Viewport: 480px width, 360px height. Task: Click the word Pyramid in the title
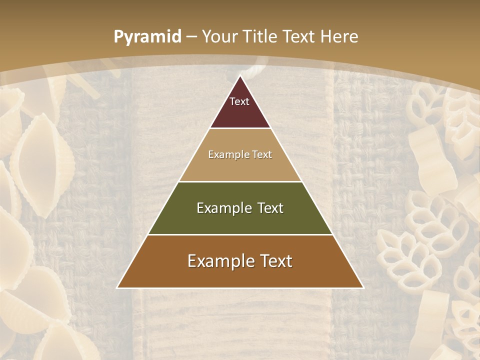[147, 37]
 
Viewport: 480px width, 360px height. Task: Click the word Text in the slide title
[299, 36]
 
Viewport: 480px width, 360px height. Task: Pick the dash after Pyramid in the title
[191, 37]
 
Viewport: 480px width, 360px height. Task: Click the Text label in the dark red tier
[239, 101]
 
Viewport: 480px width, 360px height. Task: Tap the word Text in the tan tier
[262, 154]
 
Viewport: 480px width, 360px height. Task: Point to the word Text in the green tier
[270, 208]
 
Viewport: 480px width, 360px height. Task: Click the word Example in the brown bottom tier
[218, 261]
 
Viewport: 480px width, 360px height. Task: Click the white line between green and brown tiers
[240, 234]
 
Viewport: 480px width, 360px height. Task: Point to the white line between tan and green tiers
[240, 181]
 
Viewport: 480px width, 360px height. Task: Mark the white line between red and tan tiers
[240, 128]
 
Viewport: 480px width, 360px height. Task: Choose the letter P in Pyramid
[118, 36]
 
